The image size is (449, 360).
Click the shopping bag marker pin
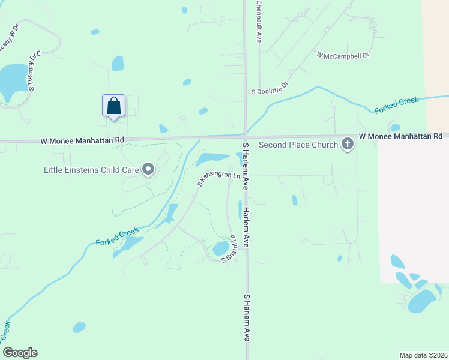113,106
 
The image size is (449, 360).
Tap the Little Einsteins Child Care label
91,170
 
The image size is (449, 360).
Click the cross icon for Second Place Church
347,144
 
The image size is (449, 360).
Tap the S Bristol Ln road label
231,248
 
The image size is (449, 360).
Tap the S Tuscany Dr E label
34,70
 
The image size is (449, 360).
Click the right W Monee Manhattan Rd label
400,137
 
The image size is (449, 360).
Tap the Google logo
20,353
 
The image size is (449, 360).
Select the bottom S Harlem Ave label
246,318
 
